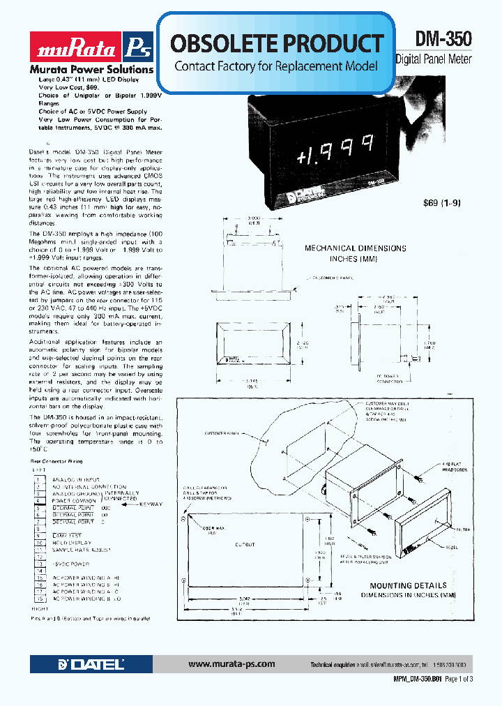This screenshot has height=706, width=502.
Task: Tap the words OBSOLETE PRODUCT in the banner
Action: point(276,43)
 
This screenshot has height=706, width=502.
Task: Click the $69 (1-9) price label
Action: point(442,204)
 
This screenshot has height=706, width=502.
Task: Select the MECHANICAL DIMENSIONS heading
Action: point(356,248)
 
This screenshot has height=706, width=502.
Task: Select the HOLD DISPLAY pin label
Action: point(73,542)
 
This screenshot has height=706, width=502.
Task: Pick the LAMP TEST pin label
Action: point(69,535)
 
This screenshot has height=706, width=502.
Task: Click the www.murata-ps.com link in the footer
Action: point(231,664)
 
